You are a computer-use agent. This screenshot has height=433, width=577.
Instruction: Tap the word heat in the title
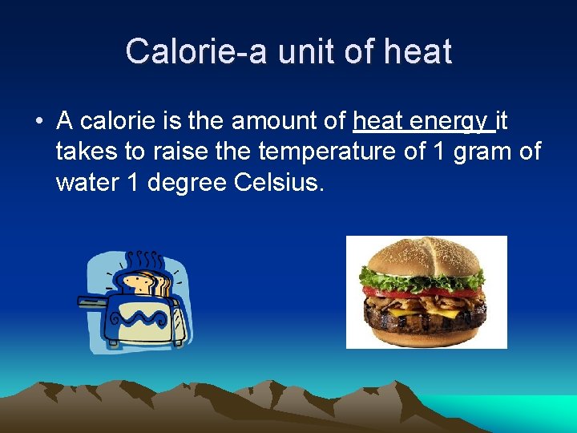point(418,52)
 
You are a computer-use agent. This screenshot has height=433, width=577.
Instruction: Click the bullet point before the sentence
point(38,122)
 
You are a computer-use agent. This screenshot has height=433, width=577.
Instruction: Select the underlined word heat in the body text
point(378,122)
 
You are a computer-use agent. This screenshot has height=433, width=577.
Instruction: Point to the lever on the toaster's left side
point(91,301)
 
